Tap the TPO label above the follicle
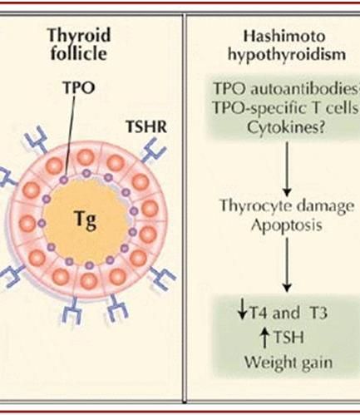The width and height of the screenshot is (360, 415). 79,87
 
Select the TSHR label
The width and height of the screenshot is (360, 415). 146,126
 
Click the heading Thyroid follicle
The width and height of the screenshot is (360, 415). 79,44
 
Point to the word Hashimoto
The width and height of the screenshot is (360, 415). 284,37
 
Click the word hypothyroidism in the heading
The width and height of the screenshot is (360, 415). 287,54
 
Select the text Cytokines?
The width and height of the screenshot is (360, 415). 286,128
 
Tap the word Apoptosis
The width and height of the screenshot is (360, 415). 286,226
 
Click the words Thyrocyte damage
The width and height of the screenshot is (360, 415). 287,206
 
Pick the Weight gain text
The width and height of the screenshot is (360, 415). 288,362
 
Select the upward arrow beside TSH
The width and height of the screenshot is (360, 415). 265,338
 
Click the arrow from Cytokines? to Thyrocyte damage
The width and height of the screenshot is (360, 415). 287,169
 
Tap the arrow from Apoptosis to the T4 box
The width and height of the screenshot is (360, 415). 287,264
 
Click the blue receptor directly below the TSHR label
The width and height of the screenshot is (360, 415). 154,151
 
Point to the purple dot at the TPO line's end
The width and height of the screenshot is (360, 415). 64,180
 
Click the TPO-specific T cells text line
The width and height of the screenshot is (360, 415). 286,108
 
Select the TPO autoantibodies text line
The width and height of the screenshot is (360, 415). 286,89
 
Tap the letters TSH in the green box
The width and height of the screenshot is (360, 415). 288,338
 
